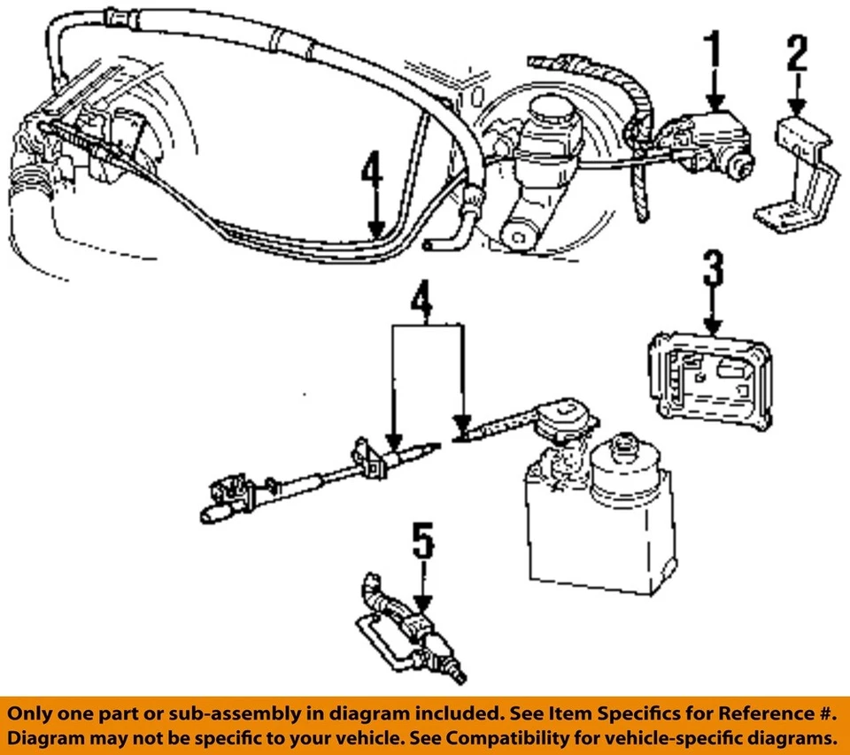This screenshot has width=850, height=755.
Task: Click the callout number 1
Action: click(x=714, y=54)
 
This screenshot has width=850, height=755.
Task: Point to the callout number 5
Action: click(x=425, y=542)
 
